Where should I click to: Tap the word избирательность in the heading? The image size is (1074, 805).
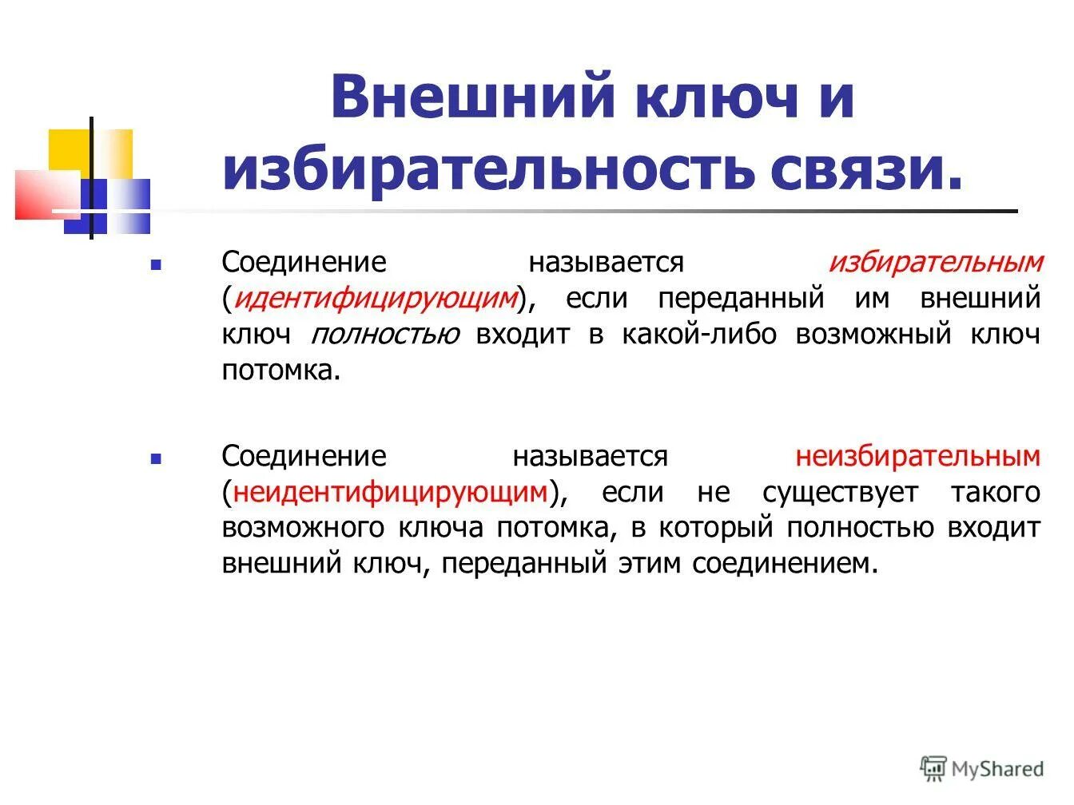487,169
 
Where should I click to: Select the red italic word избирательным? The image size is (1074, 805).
935,263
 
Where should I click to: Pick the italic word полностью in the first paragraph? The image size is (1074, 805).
384,335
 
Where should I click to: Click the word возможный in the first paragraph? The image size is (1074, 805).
873,335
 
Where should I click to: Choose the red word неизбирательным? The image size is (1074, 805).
917,457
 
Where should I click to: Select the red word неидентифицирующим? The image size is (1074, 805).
389,493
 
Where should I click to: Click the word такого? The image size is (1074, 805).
995,493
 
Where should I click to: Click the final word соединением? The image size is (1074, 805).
784,564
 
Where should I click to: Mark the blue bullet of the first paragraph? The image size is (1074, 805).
156,264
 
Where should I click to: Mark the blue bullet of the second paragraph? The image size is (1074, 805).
156,458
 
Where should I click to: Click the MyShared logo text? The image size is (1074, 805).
997,768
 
